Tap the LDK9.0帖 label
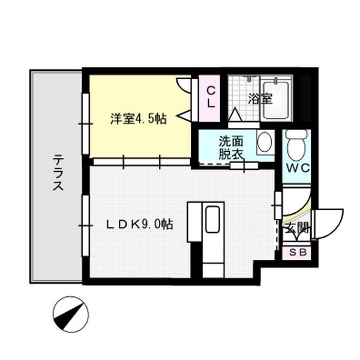140,225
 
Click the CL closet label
211,97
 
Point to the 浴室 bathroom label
260,98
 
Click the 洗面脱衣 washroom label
231,147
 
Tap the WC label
297,168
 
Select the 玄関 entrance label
296,227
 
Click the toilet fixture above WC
296,143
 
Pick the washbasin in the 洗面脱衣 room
264,142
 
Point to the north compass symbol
70,313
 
